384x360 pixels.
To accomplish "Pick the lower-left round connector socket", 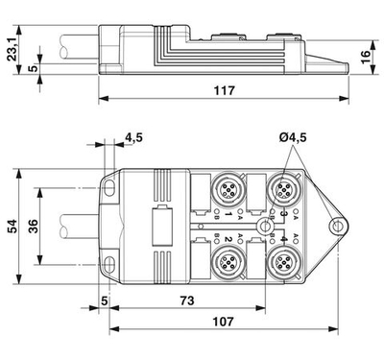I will click(229, 260).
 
